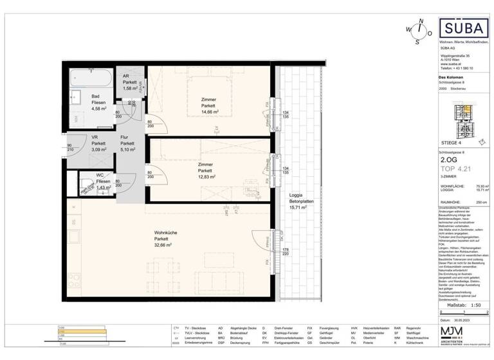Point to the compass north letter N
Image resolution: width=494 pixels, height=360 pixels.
pos(420,21)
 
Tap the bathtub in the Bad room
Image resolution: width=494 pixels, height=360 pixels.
pos(89,76)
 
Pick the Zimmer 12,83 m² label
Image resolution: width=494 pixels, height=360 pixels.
pos(206,170)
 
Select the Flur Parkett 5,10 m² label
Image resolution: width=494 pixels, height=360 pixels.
pos(126,143)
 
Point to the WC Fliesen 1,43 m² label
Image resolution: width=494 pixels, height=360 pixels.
pos(102,182)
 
